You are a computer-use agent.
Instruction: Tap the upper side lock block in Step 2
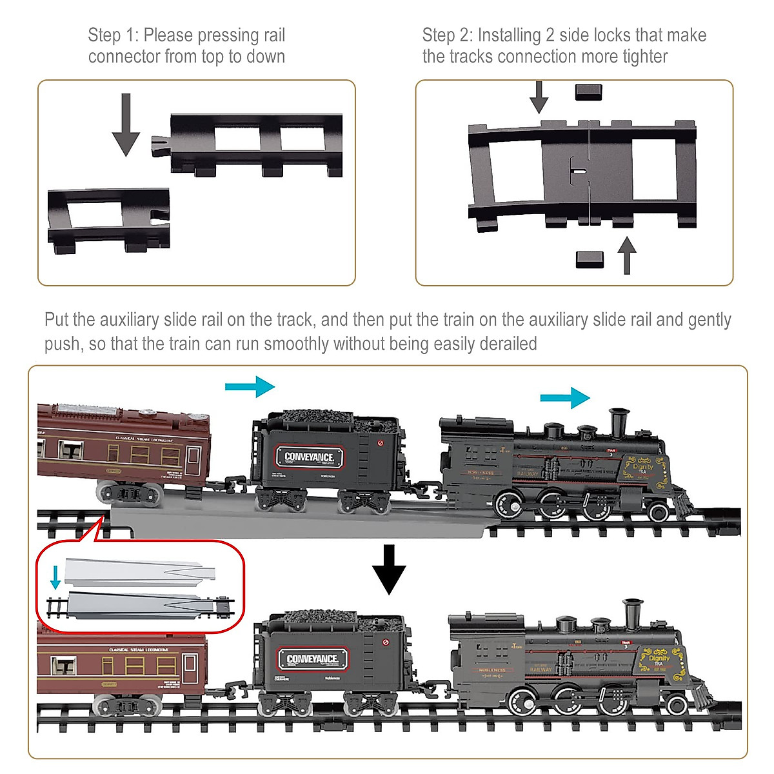[588, 92]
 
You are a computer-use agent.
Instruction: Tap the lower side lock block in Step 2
[589, 259]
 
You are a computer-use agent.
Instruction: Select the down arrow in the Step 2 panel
[539, 97]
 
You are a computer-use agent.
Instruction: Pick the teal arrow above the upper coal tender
[250, 387]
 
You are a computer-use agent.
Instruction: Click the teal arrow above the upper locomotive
[565, 398]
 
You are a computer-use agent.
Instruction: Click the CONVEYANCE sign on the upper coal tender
[310, 457]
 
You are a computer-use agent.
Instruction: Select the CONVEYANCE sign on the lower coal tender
[312, 659]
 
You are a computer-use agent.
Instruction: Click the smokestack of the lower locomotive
[632, 613]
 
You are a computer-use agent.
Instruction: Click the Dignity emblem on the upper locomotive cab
[642, 468]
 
